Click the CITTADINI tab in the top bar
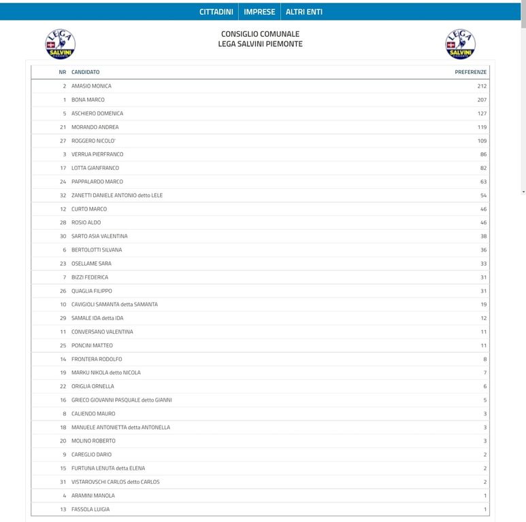[x=216, y=12]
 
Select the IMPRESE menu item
[x=259, y=12]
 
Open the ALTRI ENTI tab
[x=303, y=12]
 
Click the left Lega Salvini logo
[x=60, y=44]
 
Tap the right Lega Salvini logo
[x=460, y=44]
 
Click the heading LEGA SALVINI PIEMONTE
[x=260, y=43]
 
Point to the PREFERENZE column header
[x=470, y=72]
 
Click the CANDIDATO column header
[x=85, y=72]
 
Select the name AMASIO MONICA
[x=91, y=86]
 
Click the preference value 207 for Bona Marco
[x=482, y=100]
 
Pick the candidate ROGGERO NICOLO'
[x=93, y=141]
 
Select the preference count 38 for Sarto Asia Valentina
[x=483, y=236]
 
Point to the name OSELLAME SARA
[x=91, y=264]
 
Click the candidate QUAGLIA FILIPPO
[x=91, y=291]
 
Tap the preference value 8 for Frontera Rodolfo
[x=484, y=359]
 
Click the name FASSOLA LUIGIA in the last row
[x=91, y=509]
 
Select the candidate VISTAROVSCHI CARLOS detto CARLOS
[x=115, y=482]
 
